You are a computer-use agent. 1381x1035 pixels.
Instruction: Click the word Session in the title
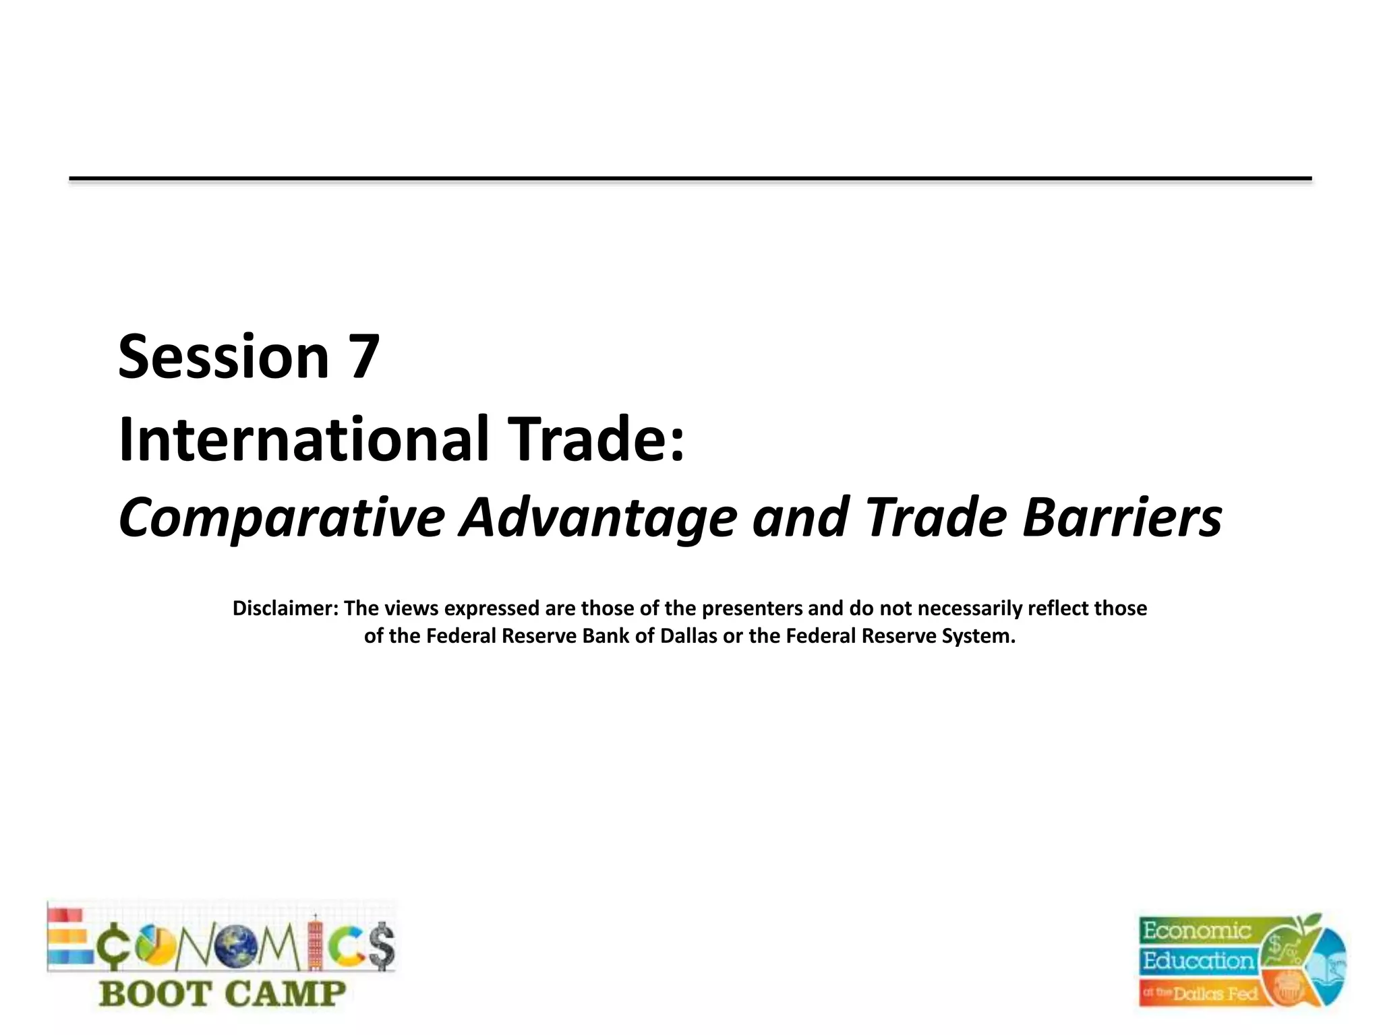(x=223, y=357)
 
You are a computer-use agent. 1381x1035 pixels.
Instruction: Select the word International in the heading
(x=303, y=439)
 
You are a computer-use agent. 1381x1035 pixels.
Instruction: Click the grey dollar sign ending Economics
(x=382, y=945)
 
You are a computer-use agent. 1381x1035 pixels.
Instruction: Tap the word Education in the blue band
(x=1197, y=961)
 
